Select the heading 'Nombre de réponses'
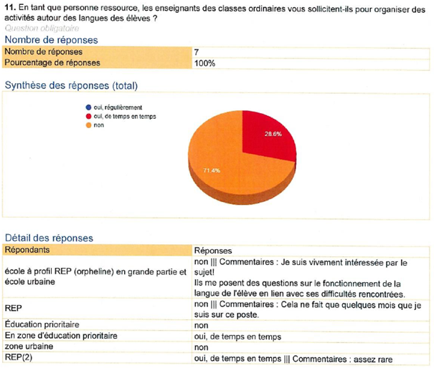pyautogui.click(x=51, y=40)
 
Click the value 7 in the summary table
pyautogui.click(x=197, y=52)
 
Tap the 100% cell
pyautogui.click(x=204, y=63)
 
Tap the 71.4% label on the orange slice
pyautogui.click(x=211, y=171)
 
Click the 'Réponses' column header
pyautogui.click(x=213, y=250)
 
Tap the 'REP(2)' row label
pyautogui.click(x=18, y=358)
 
